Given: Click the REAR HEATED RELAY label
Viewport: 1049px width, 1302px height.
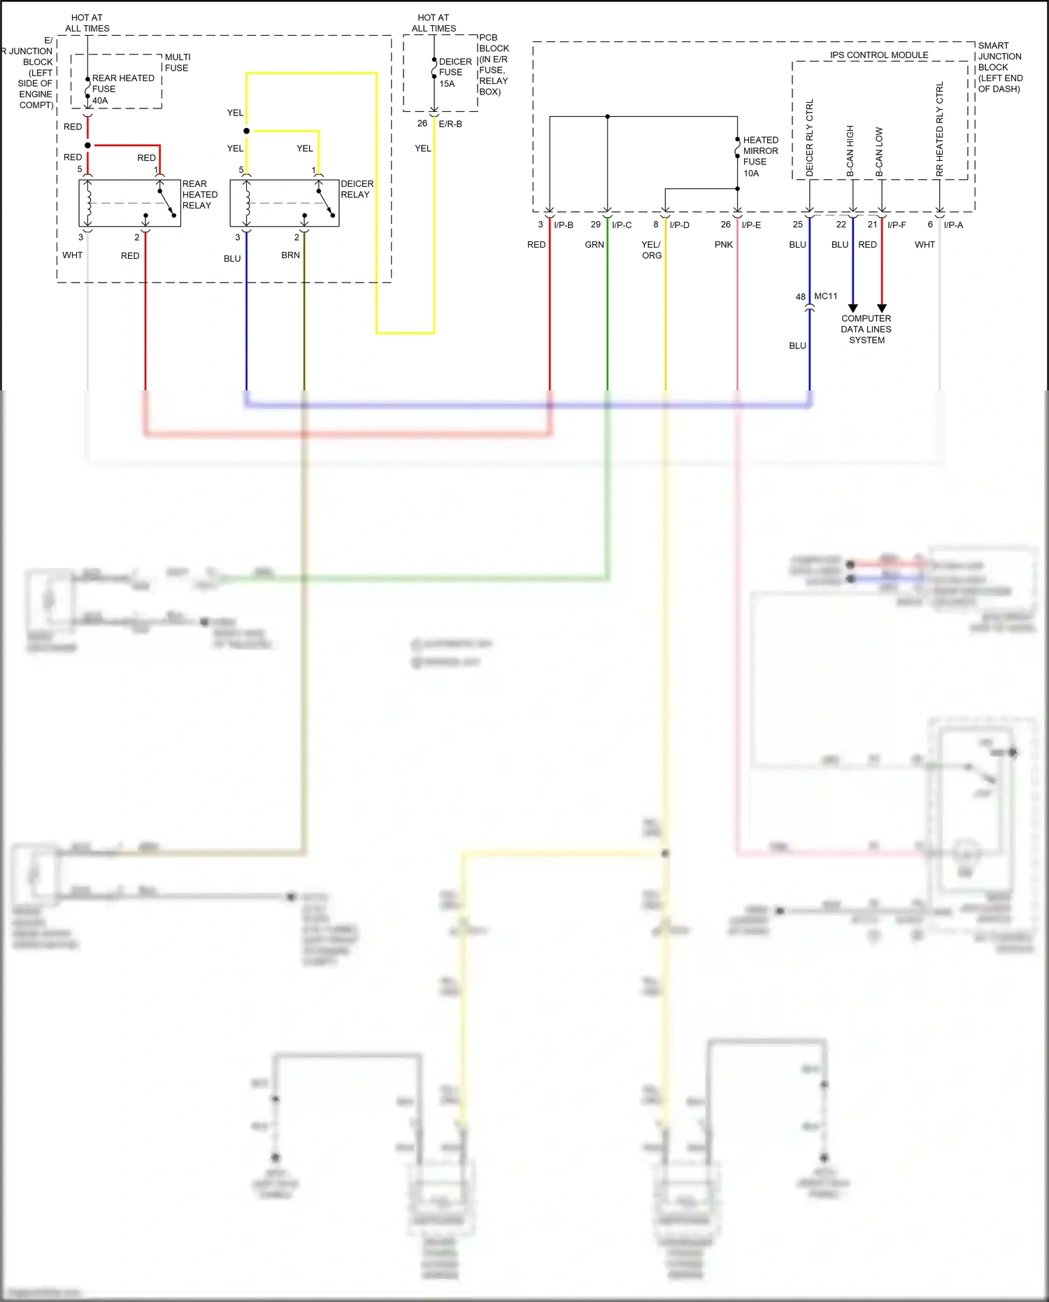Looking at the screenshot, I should point(199,194).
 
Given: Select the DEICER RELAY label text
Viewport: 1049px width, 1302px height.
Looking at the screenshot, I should point(357,189).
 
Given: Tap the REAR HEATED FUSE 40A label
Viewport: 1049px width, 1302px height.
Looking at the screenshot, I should point(122,89).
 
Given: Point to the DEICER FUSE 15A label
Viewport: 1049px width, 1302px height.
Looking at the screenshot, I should point(455,72).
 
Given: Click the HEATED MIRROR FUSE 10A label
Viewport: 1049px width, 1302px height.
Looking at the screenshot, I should point(760,156).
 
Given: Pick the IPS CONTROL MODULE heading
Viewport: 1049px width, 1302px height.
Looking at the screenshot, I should point(879,55).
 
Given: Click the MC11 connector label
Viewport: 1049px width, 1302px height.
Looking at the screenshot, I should point(825,296).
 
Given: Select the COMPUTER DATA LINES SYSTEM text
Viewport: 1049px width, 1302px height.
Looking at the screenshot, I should point(866,329).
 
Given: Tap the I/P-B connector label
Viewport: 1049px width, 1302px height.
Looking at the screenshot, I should point(563,225).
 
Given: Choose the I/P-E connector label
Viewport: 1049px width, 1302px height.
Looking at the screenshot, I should point(751,225).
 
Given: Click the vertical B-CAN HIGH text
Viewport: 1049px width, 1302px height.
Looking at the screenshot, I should point(850,150).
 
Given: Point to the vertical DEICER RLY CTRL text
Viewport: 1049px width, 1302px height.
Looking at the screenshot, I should point(810,137).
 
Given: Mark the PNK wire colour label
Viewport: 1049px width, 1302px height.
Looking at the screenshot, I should point(724,244).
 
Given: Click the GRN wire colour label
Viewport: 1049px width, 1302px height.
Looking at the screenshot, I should point(594,244).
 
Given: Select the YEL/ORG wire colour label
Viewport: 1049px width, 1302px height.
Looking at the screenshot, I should point(651,250).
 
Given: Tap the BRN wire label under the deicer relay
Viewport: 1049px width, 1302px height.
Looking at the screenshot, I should point(290,255).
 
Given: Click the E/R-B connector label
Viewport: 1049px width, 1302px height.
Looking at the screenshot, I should point(450,124).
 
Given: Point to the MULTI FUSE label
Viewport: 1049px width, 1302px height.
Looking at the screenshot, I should point(177,62).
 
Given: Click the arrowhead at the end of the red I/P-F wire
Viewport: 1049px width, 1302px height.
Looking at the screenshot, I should point(882,308).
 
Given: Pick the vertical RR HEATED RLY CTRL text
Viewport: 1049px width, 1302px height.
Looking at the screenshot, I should point(939,129).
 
